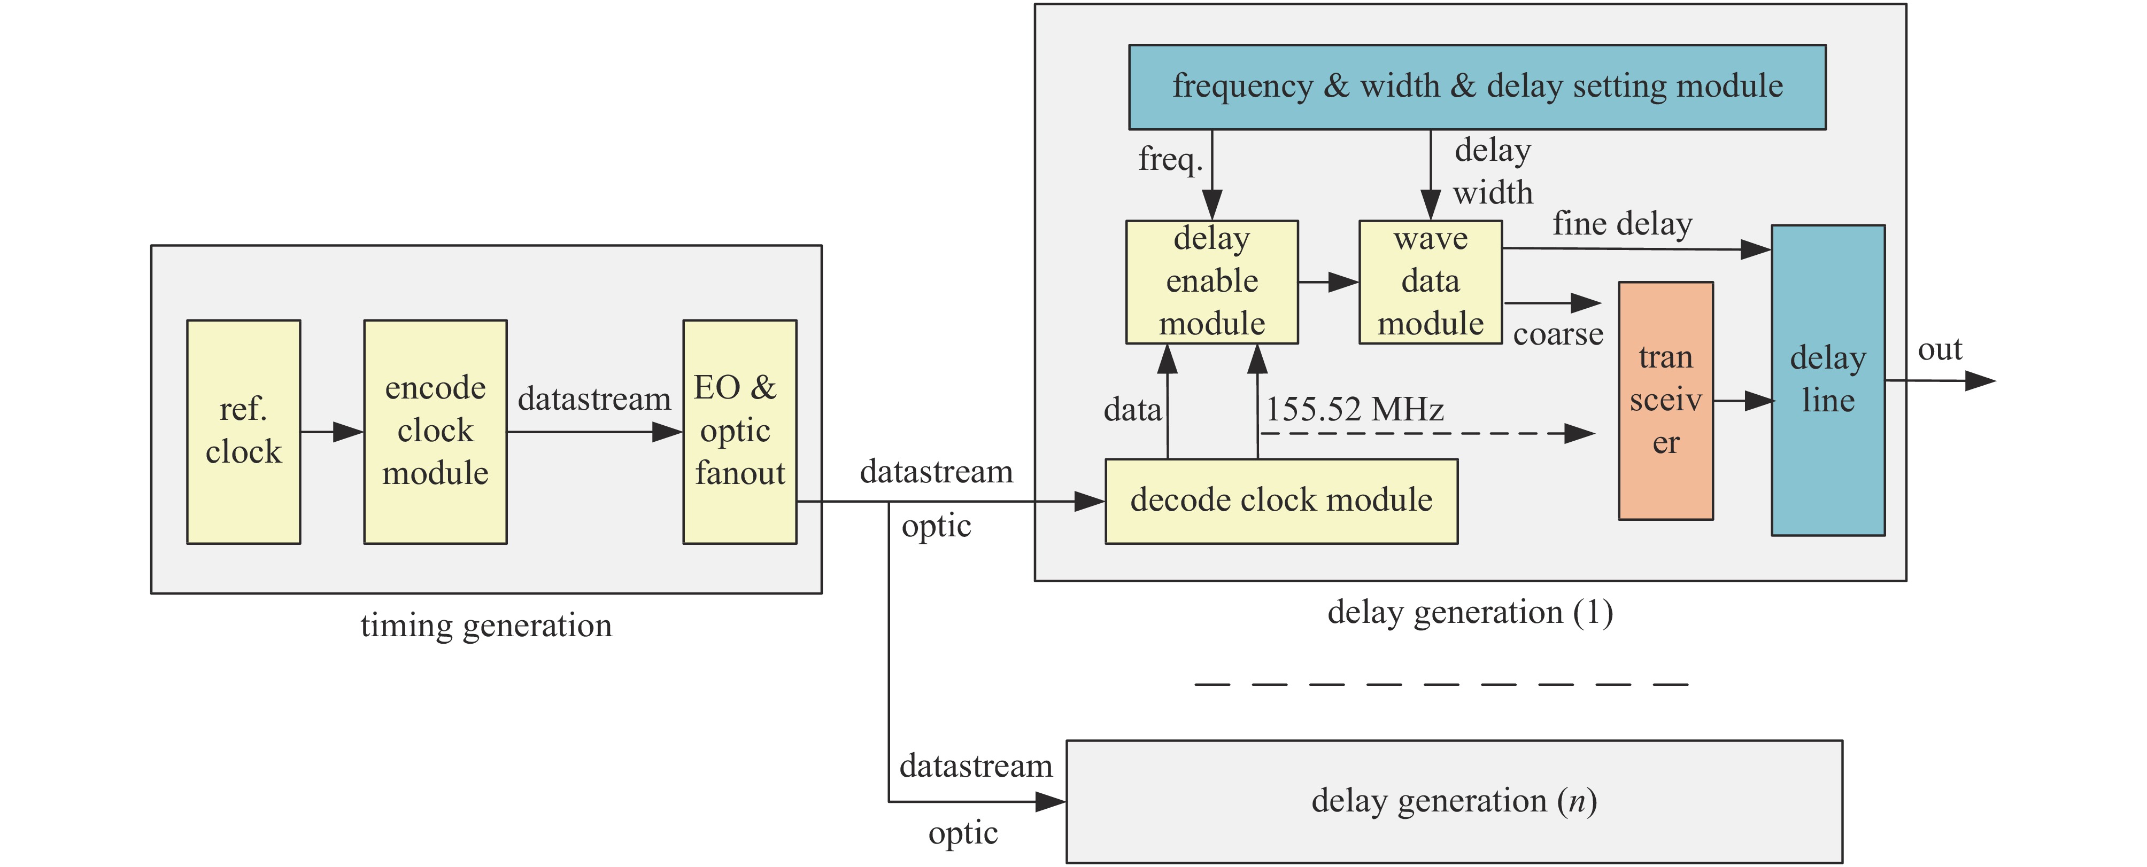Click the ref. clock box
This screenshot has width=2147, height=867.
(x=243, y=432)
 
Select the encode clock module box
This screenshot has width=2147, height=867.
(x=435, y=432)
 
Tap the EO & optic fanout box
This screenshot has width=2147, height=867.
(x=739, y=432)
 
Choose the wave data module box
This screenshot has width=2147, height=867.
(x=1430, y=282)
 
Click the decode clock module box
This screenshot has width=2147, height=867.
(x=1281, y=501)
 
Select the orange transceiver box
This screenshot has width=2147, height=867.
(x=1665, y=401)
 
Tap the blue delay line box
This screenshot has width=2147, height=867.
(x=1828, y=380)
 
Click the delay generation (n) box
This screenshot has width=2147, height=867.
(x=1454, y=801)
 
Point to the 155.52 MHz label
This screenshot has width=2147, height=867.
(x=1354, y=410)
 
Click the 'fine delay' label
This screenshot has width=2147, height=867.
(x=1622, y=224)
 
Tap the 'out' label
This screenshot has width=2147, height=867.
(x=1940, y=350)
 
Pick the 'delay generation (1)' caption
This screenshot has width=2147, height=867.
(x=1470, y=612)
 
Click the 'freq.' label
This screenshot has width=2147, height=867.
(x=1170, y=158)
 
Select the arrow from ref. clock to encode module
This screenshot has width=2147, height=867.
(x=331, y=432)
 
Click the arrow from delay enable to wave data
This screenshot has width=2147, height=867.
(x=1329, y=282)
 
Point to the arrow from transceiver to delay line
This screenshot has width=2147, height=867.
(x=1743, y=401)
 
